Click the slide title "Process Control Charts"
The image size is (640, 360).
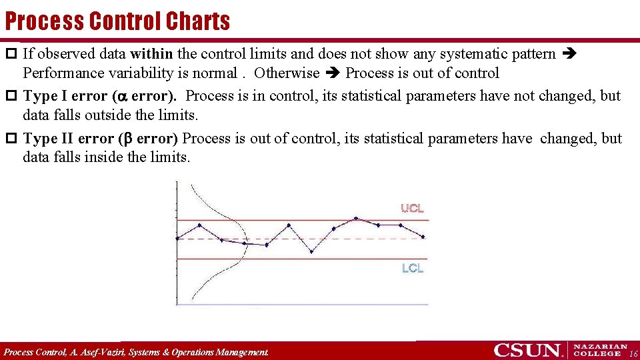117,21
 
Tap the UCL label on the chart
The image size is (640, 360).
412,209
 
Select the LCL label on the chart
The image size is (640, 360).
412,268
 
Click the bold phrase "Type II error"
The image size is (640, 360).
67,139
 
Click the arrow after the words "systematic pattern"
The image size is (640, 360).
570,54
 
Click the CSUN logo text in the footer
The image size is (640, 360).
527,350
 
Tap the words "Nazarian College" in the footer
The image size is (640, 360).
601,350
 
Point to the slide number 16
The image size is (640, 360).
633,353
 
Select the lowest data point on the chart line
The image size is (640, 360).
311,252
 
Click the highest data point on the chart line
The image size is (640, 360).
356,218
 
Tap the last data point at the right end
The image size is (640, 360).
423,237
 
